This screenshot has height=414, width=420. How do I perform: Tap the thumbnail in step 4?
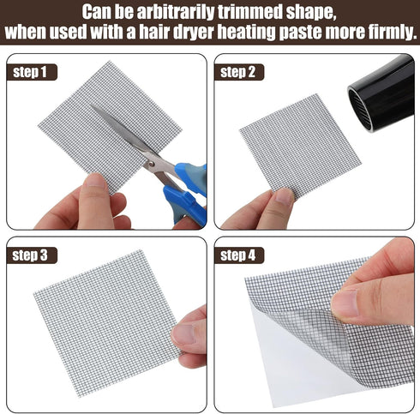click(345, 303)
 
